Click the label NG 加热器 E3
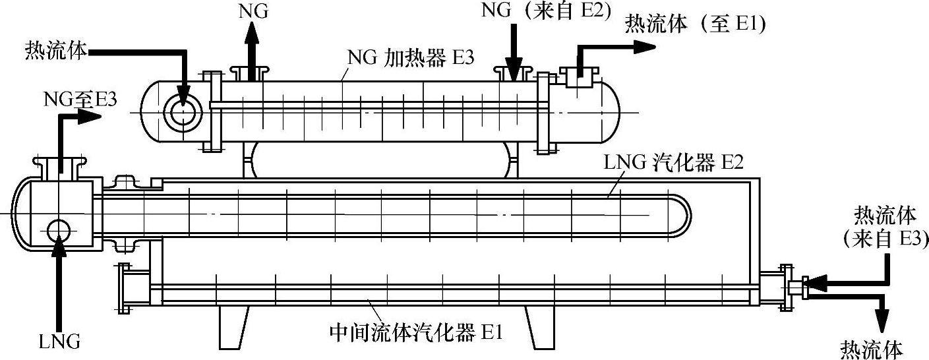[410, 56]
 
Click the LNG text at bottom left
[59, 342]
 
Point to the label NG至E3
[80, 99]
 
